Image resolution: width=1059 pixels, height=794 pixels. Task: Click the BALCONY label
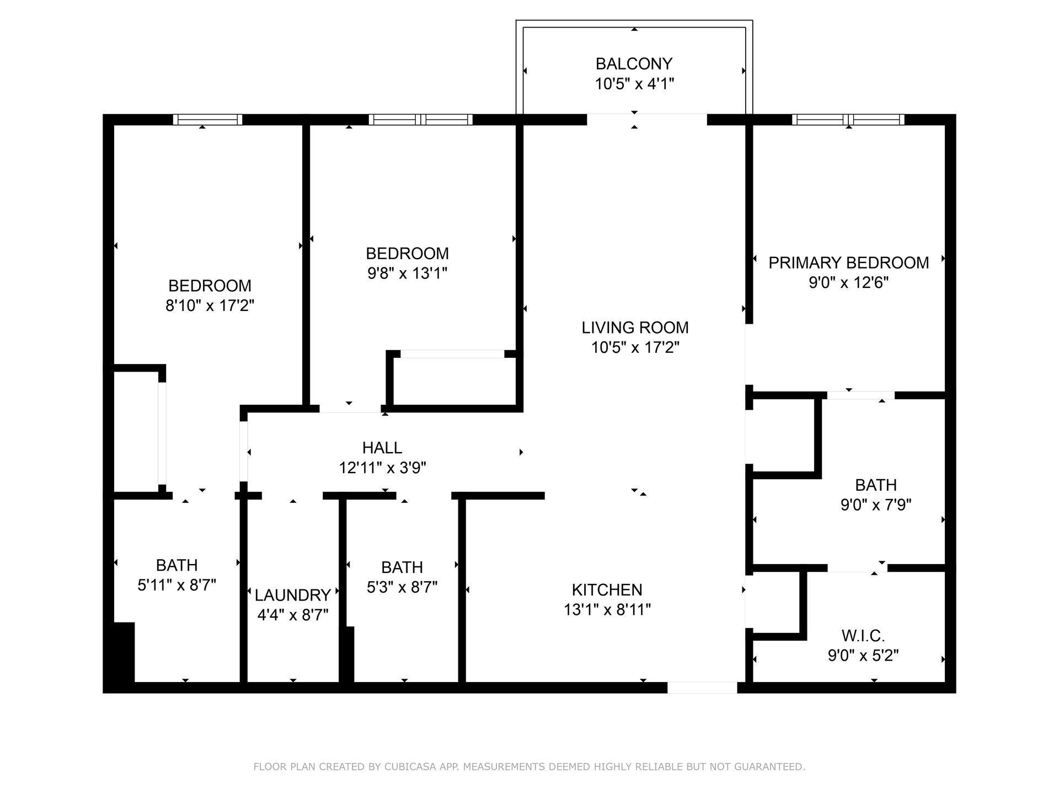634,64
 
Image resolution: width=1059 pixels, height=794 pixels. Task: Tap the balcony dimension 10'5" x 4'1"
634,84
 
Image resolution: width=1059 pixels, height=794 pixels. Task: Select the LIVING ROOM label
635,328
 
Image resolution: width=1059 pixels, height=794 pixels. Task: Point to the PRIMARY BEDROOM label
848,262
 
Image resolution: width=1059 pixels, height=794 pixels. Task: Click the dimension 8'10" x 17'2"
210,305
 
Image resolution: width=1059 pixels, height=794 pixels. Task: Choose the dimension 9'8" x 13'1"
407,273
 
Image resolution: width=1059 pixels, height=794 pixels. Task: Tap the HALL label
382,448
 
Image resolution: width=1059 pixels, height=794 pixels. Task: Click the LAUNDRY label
292,595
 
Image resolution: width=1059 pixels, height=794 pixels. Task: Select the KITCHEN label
607,590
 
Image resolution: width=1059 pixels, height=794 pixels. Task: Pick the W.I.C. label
863,636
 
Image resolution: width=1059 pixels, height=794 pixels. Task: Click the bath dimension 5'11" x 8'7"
176,585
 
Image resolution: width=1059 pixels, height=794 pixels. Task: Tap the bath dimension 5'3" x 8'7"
402,587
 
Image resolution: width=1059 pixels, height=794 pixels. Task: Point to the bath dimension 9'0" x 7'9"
875,505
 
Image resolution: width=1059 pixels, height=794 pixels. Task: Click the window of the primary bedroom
848,120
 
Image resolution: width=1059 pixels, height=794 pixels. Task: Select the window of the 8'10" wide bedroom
207,120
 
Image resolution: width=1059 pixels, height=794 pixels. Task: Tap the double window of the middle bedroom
420,120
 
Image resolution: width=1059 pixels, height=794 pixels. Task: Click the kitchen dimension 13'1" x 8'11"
607,610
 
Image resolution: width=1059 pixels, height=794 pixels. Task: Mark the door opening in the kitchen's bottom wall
702,688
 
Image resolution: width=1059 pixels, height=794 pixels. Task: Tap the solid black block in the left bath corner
124,653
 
